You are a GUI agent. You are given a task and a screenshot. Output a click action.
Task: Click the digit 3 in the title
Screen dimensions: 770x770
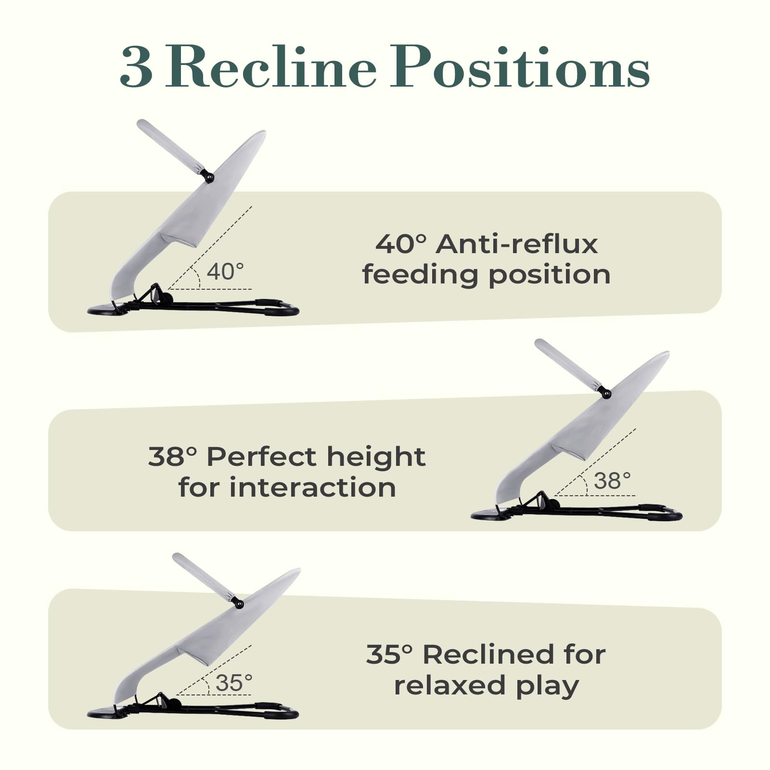click(137, 67)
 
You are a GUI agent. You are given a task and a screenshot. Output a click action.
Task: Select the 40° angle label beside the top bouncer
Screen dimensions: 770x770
click(225, 271)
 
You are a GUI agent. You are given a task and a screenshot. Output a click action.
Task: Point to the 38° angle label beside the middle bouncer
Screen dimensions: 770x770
click(612, 480)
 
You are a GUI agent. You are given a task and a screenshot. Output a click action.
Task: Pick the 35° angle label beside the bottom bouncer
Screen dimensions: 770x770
click(234, 682)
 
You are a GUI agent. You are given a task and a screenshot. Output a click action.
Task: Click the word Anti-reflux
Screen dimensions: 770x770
click(517, 244)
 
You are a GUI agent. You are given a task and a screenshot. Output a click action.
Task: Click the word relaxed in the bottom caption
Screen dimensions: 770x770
click(450, 685)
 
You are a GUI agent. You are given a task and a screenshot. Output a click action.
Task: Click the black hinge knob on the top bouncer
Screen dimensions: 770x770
click(208, 177)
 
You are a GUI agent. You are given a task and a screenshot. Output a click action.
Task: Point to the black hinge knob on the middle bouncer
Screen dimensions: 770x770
click(605, 394)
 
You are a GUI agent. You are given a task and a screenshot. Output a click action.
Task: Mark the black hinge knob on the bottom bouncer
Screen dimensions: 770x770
click(238, 603)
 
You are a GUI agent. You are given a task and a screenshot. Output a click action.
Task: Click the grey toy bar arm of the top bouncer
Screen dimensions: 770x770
click(171, 146)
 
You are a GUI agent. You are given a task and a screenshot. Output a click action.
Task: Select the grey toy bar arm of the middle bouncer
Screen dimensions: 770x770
click(568, 364)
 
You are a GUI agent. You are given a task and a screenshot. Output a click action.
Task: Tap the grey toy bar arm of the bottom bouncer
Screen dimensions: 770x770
click(204, 577)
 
